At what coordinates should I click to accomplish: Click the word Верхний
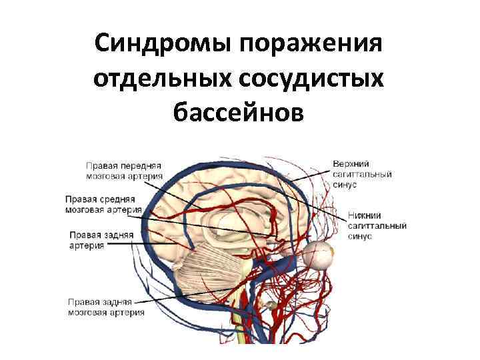tap(351, 164)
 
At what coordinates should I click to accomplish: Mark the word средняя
tap(119, 199)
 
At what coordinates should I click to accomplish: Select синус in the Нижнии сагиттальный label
tap(359, 237)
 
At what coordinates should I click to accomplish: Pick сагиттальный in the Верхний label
tap(362, 174)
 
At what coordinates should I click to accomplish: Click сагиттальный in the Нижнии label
tap(378, 227)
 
